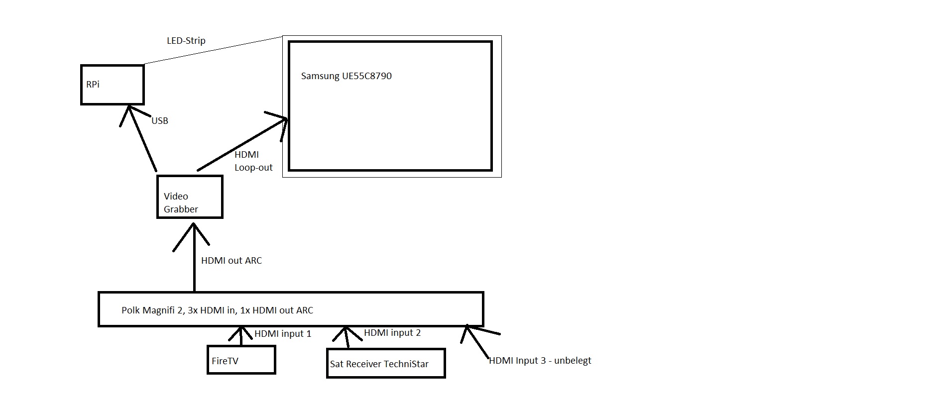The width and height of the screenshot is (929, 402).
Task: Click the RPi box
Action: pyautogui.click(x=112, y=85)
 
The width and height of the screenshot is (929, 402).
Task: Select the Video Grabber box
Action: pyautogui.click(x=190, y=197)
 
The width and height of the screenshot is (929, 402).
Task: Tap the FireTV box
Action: pyautogui.click(x=241, y=360)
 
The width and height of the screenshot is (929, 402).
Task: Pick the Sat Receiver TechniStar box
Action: pyautogui.click(x=385, y=363)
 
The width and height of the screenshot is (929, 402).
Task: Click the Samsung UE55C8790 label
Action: pyautogui.click(x=346, y=76)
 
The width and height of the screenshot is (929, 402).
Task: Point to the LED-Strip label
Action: pyautogui.click(x=186, y=41)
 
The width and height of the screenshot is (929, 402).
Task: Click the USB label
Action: pyautogui.click(x=160, y=121)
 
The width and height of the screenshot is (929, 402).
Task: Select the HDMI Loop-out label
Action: pyautogui.click(x=253, y=161)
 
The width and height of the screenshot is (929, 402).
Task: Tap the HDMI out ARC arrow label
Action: pyautogui.click(x=231, y=261)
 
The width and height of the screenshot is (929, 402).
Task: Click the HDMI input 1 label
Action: pyautogui.click(x=283, y=334)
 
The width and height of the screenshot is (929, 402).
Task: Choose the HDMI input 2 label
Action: pyautogui.click(x=392, y=333)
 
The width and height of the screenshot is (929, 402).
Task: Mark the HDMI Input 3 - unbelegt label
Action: pyautogui.click(x=540, y=361)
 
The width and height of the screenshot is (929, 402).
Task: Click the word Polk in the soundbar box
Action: pyautogui.click(x=130, y=310)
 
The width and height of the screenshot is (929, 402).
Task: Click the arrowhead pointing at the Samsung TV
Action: pyautogui.click(x=285, y=119)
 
